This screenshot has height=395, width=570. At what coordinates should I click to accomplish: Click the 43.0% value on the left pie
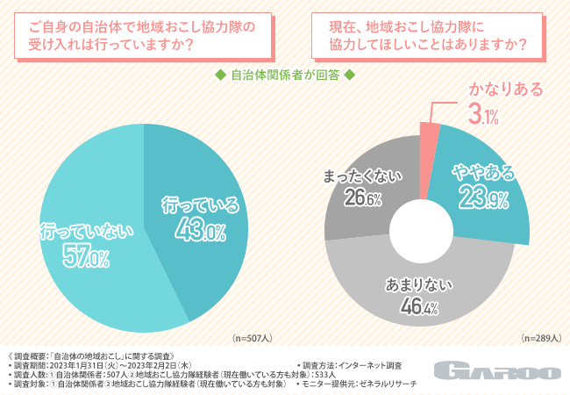pos(200,233)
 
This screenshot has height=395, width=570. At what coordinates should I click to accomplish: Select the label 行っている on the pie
pos(200,206)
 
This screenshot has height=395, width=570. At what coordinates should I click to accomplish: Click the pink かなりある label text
pos(505,90)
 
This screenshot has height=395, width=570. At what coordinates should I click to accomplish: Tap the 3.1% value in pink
pos(484,114)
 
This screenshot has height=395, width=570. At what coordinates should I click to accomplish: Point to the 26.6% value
pos(362,199)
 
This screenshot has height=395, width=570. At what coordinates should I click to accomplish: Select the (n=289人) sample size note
pos(540,337)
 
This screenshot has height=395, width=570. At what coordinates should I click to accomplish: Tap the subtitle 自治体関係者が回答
pos(284,75)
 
